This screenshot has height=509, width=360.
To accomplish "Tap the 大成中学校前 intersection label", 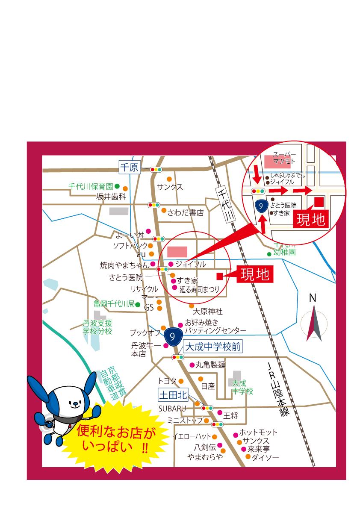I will [213, 347].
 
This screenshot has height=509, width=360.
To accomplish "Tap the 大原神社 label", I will [208, 312].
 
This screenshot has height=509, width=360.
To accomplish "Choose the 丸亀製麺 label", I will [210, 365].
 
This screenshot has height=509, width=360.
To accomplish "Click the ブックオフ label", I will [145, 332].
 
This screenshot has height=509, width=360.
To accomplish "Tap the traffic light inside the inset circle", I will [258, 191].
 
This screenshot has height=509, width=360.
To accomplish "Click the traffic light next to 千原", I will [156, 170].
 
